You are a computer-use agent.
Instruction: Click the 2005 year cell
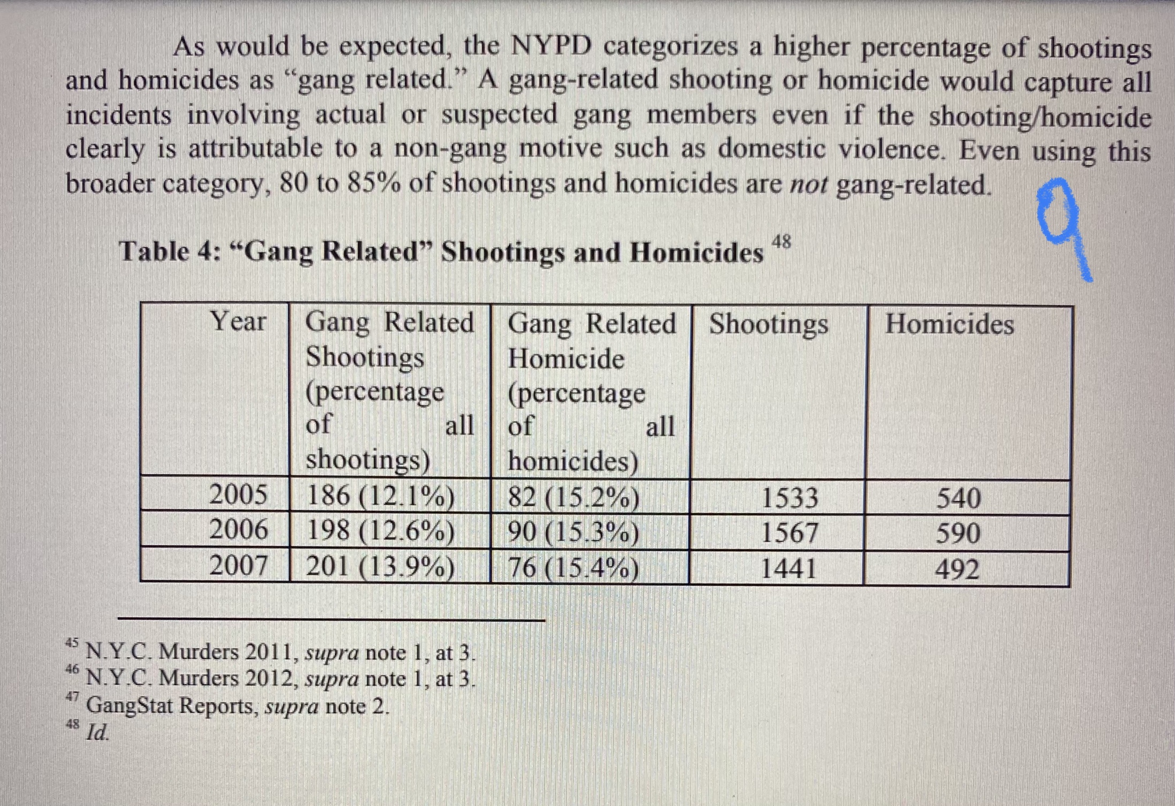pyautogui.click(x=238, y=494)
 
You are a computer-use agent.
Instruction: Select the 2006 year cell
pyautogui.click(x=238, y=529)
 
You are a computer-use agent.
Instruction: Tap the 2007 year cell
pyautogui.click(x=238, y=565)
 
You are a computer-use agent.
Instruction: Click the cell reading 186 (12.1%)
pyautogui.click(x=380, y=496)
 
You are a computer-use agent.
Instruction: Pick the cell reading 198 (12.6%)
pyautogui.click(x=380, y=531)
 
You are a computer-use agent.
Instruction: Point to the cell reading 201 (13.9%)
pyautogui.click(x=380, y=566)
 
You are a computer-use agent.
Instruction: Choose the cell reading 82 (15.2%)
pyautogui.click(x=573, y=497)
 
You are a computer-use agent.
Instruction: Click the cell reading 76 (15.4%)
pyautogui.click(x=573, y=568)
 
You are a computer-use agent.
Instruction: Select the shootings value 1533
pyautogui.click(x=789, y=498)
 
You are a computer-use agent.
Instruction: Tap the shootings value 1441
pyautogui.click(x=788, y=568)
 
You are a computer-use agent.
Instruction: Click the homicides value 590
pyautogui.click(x=958, y=534)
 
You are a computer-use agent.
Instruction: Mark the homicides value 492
pyautogui.click(x=957, y=569)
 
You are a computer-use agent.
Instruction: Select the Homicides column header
pyautogui.click(x=950, y=324)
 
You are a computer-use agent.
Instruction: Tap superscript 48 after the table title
pyautogui.click(x=781, y=242)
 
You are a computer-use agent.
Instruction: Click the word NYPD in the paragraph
pyautogui.click(x=551, y=46)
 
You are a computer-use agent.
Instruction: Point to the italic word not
pyautogui.click(x=809, y=185)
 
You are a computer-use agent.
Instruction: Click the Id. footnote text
pyautogui.click(x=97, y=732)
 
